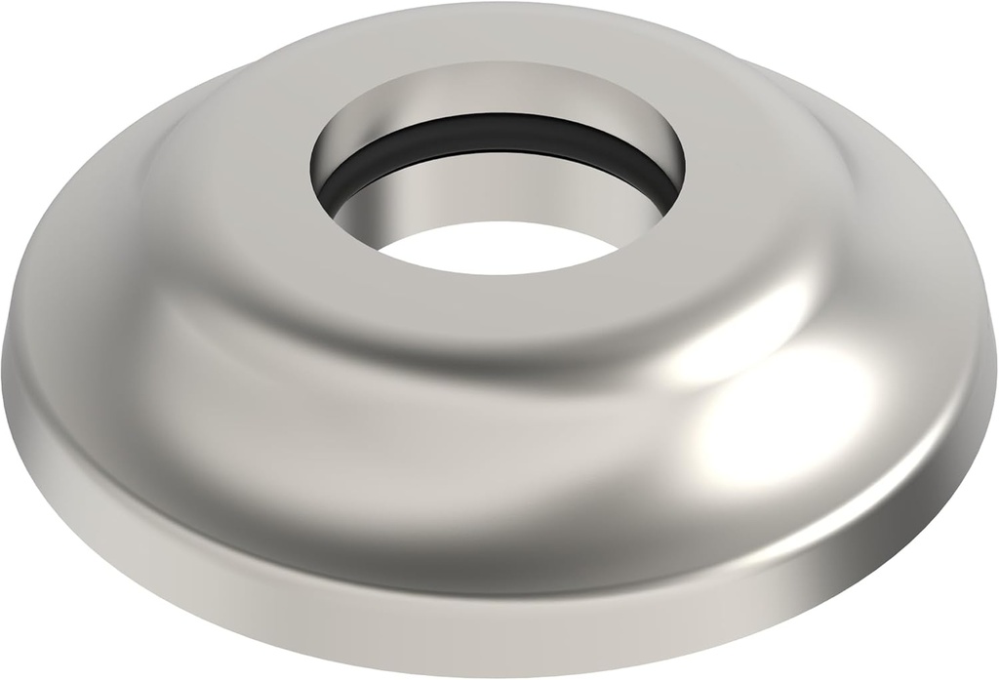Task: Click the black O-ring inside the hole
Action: pos(498,137)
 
